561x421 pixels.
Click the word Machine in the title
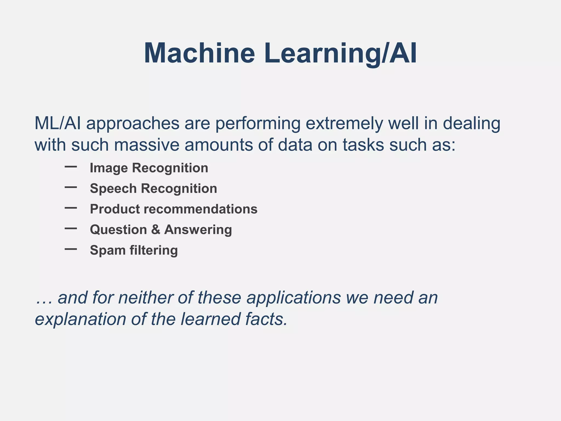click(199, 53)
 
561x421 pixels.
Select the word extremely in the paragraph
click(344, 124)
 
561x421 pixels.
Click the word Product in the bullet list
click(115, 209)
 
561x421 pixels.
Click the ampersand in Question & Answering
click(156, 229)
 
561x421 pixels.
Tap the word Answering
click(198, 230)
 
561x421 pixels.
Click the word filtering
click(153, 250)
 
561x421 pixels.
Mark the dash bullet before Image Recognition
click(71, 167)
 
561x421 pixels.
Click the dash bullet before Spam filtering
click(71, 249)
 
